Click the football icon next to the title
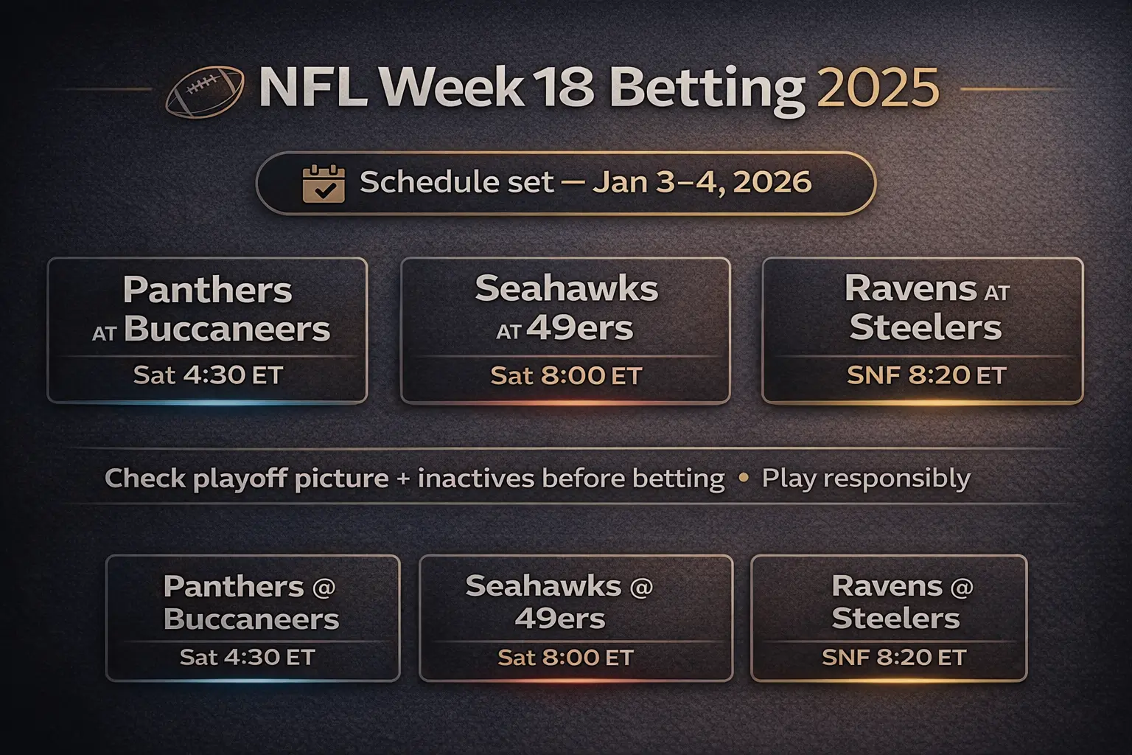click(205, 92)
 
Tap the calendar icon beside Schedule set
click(324, 184)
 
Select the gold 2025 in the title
click(878, 88)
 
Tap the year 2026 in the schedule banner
click(772, 182)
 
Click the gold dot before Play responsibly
click(743, 478)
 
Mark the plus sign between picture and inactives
click(403, 479)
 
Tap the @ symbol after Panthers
click(324, 588)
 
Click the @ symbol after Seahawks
click(641, 588)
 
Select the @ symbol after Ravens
click(962, 588)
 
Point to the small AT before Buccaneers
click(105, 334)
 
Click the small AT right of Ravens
click(996, 293)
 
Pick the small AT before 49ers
click(509, 333)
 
